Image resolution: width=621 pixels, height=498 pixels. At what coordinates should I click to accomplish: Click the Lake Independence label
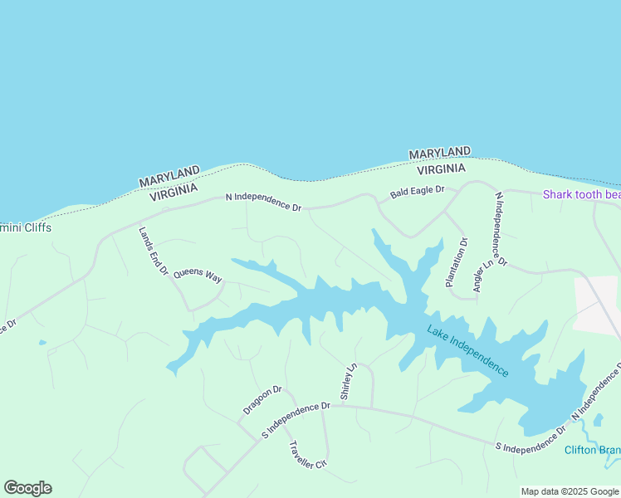[467, 351]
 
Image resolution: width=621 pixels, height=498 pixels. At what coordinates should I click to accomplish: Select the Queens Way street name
[198, 275]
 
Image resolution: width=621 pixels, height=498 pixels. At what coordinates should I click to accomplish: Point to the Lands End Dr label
[154, 251]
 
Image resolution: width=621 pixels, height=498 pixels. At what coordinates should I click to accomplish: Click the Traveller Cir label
[308, 455]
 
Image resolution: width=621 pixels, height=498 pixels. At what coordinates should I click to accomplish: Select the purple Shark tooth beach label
[581, 195]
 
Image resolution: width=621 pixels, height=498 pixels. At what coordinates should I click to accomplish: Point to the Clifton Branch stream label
[592, 451]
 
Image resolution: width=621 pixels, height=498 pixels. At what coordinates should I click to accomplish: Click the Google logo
[27, 488]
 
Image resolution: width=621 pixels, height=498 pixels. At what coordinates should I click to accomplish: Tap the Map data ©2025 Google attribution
[570, 491]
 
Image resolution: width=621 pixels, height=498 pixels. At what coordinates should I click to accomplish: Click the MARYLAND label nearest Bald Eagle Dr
[439, 154]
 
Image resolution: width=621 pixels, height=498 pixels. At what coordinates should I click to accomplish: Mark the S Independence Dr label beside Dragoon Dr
[296, 420]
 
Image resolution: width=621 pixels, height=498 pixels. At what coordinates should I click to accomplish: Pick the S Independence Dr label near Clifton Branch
[530, 441]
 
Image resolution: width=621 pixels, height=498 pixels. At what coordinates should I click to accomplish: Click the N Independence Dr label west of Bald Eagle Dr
[263, 202]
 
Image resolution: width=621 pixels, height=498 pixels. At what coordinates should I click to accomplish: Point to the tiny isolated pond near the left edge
[42, 342]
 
